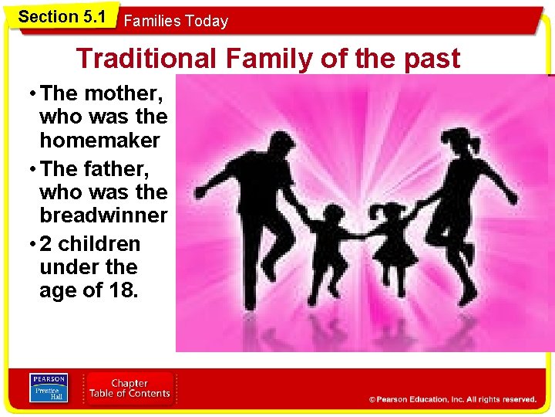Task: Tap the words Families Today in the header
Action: [176, 21]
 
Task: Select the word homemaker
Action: [99, 141]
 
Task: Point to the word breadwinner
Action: [103, 215]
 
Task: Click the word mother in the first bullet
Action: [123, 94]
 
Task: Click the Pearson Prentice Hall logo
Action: [48, 388]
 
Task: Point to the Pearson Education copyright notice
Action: [452, 399]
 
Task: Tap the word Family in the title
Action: [267, 58]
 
